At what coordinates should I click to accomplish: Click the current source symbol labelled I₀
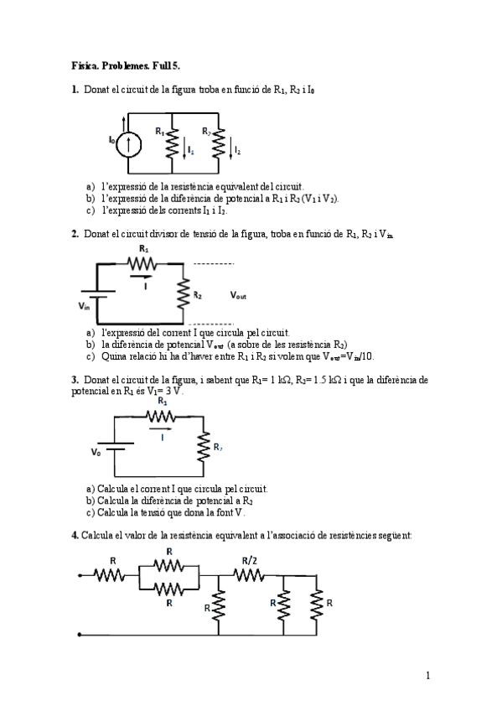click(x=128, y=144)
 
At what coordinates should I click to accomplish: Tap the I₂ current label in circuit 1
click(x=237, y=151)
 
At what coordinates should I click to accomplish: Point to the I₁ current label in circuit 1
click(x=190, y=151)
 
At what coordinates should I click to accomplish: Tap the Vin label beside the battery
click(x=84, y=306)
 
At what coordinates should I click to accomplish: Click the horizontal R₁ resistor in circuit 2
click(x=144, y=262)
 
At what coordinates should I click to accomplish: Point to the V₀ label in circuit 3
click(x=96, y=451)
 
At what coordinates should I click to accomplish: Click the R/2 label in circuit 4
click(x=249, y=560)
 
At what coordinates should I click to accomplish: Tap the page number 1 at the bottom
click(x=427, y=675)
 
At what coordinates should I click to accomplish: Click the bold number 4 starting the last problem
click(x=74, y=535)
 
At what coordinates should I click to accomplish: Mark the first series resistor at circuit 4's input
click(x=110, y=575)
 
